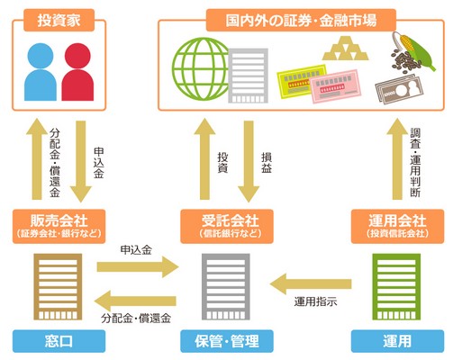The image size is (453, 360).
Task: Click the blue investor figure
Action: [41, 72]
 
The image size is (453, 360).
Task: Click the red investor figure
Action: [77, 72]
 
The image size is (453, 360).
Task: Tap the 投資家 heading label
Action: [59, 21]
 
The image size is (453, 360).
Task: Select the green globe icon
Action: [201, 68]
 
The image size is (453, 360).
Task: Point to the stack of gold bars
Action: [345, 49]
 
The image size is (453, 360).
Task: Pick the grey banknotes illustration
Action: [399, 89]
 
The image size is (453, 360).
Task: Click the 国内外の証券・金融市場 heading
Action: [301, 21]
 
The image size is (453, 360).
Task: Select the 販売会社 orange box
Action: [59, 227]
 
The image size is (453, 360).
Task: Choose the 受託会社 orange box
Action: [227, 227]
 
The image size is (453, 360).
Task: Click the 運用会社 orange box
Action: [397, 227]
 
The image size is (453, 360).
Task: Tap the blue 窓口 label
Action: [59, 341]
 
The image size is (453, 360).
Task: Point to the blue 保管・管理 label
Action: [227, 341]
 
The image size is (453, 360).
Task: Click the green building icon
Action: [396, 287]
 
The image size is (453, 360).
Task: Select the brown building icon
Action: [58, 287]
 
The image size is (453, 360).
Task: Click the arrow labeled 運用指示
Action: [311, 283]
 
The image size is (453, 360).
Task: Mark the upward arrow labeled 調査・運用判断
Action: [397, 158]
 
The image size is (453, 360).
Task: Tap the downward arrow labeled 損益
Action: [249, 161]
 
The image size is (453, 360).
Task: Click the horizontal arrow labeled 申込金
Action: [138, 266]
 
